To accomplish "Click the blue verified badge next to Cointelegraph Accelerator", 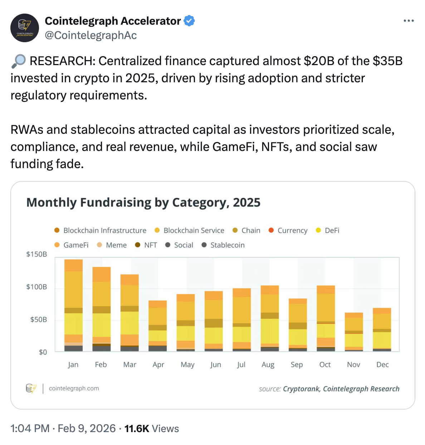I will pos(189,21).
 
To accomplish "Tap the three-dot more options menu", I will pos(409,21).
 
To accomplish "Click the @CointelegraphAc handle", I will pos(91,35).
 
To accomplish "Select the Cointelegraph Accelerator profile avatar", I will pos(25,28).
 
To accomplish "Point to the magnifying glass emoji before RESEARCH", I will pos(19,61).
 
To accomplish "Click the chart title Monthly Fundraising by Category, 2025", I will pos(143,202).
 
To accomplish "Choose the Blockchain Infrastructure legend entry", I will pos(101,230).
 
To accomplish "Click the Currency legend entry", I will pos(288,230).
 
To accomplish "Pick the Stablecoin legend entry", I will pos(223,245).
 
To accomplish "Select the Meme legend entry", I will pos(112,245).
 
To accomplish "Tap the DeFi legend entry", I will pos(328,230).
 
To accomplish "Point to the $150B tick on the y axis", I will pos(36,254).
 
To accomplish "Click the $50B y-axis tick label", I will pos(38,319).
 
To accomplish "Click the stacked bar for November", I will pos(354,332).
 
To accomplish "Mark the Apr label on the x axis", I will pos(158,365).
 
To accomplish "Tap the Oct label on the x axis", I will pos(325,365).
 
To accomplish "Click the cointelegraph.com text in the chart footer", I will pos(74,388).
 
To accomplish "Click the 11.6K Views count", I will pos(151,429).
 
